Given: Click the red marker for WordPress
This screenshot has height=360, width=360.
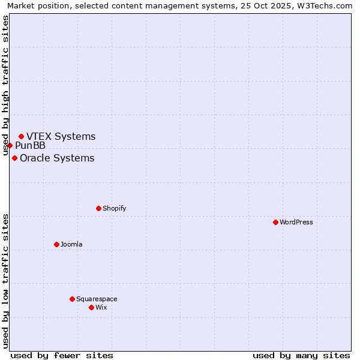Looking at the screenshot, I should click(x=275, y=222).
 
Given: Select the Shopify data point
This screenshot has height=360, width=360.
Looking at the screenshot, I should click(x=98, y=208).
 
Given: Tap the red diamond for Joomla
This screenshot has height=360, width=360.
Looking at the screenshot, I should click(x=56, y=244).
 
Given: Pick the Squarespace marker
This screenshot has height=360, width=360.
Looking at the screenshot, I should click(x=72, y=299).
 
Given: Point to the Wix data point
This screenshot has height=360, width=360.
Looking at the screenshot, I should click(x=91, y=307).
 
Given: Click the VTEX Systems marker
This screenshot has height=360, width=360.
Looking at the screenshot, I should click(x=21, y=136).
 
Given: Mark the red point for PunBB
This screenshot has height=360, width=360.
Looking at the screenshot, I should click(x=10, y=145).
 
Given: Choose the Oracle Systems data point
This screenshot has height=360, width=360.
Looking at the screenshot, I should click(x=14, y=158).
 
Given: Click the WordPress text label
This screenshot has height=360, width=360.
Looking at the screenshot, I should click(x=296, y=222).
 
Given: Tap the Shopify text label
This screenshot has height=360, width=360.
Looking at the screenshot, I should click(x=114, y=208).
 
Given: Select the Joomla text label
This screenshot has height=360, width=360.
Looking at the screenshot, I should click(x=71, y=244).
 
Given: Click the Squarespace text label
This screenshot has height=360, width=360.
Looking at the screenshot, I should click(x=97, y=299).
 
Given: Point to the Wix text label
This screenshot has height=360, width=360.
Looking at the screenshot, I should click(x=101, y=307).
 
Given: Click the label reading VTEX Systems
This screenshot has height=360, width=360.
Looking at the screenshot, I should click(x=61, y=136).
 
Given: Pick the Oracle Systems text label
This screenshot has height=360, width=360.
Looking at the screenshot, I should click(x=57, y=158).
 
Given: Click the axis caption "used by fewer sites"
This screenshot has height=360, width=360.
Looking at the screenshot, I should click(x=62, y=355).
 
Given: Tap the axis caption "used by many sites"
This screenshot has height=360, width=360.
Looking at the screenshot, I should click(x=301, y=355).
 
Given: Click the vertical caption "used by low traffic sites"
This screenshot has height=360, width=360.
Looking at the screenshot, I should click(x=6, y=281).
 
